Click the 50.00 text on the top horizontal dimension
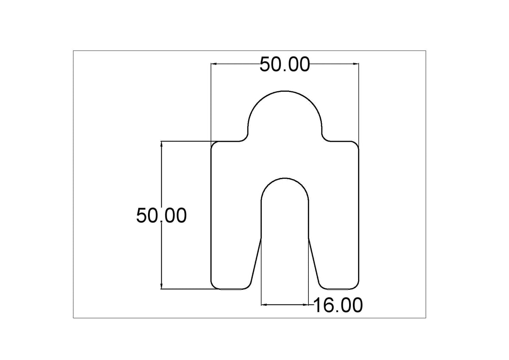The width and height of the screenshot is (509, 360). (x=285, y=65)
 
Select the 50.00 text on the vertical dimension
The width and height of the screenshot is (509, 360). (x=161, y=216)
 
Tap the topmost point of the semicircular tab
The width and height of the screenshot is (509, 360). (x=285, y=91)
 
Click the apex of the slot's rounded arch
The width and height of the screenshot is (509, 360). (x=285, y=178)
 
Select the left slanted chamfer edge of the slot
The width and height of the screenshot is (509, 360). (x=256, y=261)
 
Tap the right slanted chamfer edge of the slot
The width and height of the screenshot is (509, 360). (x=313, y=261)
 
